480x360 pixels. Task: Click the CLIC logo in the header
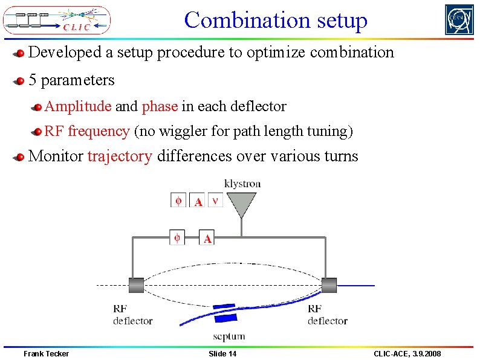pyautogui.click(x=57, y=20)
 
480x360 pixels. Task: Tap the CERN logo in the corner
pyautogui.click(x=459, y=20)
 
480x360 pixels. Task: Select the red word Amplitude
pyautogui.click(x=78, y=107)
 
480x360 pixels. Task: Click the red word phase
pyautogui.click(x=160, y=107)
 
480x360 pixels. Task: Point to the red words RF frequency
pyautogui.click(x=87, y=131)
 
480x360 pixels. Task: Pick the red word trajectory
pyautogui.click(x=120, y=156)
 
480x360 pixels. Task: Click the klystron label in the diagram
pyautogui.click(x=242, y=184)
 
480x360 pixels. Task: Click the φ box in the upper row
pyautogui.click(x=178, y=200)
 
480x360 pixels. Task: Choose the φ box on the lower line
pyautogui.click(x=177, y=237)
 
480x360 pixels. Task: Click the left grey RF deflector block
pyautogui.click(x=135, y=284)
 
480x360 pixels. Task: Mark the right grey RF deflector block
pyautogui.click(x=329, y=284)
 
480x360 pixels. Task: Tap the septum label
pyautogui.click(x=229, y=336)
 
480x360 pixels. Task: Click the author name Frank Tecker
pyautogui.click(x=46, y=353)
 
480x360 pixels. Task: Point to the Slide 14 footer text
pyautogui.click(x=222, y=353)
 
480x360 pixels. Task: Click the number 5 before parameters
pyautogui.click(x=33, y=80)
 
